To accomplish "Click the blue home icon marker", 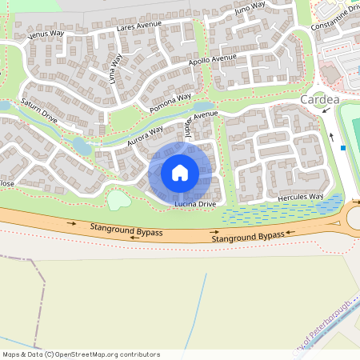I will (180, 172).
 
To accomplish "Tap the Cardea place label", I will (321, 100).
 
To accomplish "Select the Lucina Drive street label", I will (195, 205).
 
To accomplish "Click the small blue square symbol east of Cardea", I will (342, 147).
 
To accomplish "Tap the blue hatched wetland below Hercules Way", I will (272, 214).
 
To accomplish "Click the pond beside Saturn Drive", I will (82, 146).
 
